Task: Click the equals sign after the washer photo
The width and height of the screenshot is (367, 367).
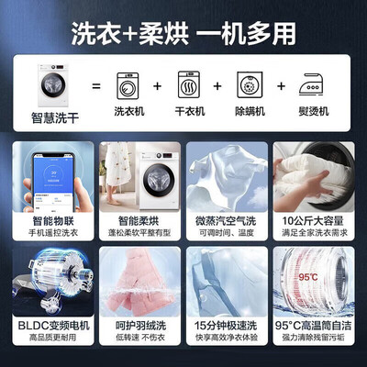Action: click(x=94, y=84)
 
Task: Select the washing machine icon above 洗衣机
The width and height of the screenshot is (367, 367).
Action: click(x=128, y=83)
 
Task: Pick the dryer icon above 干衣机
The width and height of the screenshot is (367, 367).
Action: click(x=187, y=83)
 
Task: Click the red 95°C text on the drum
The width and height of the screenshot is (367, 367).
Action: click(x=309, y=275)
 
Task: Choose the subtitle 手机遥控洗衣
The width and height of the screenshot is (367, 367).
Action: click(x=50, y=234)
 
